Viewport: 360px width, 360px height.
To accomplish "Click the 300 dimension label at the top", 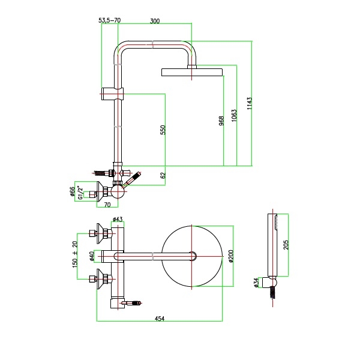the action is pyautogui.click(x=155, y=21).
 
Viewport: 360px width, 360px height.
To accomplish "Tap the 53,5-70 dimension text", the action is pyautogui.click(x=110, y=20).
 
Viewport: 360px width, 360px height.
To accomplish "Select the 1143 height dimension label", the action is pyautogui.click(x=250, y=103).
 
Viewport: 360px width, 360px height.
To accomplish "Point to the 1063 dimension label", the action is pyautogui.click(x=234, y=115).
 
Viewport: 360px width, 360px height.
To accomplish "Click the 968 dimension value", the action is pyautogui.click(x=221, y=121).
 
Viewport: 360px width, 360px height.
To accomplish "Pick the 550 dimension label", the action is pyautogui.click(x=163, y=130).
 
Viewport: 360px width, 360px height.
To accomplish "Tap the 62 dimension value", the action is pyautogui.click(x=163, y=175).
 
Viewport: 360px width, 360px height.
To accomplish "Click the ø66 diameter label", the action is pyautogui.click(x=73, y=191).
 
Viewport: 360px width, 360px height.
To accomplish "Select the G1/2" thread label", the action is pyautogui.click(x=80, y=193).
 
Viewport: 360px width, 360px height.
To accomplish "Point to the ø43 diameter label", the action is pyautogui.click(x=118, y=219).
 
